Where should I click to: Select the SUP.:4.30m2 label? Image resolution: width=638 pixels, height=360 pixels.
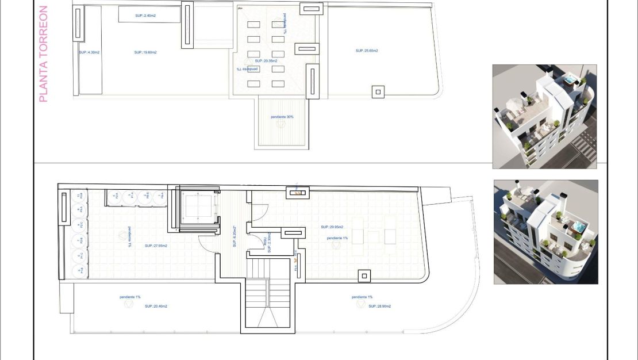[89, 52]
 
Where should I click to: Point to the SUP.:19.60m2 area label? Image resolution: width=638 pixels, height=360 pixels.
[145, 52]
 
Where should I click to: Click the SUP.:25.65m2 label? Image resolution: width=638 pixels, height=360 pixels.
[367, 51]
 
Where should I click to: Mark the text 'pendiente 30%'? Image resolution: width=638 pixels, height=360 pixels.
[282, 117]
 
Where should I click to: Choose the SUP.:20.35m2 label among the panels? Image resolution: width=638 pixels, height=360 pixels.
[266, 60]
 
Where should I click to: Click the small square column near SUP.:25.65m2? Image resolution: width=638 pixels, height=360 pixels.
[378, 91]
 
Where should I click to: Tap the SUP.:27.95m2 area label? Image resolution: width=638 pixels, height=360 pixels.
[156, 246]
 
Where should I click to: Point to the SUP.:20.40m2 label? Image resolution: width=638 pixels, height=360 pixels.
[156, 307]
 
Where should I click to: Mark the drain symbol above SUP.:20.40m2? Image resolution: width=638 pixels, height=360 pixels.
[128, 304]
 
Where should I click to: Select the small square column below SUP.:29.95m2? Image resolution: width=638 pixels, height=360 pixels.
[363, 275]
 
